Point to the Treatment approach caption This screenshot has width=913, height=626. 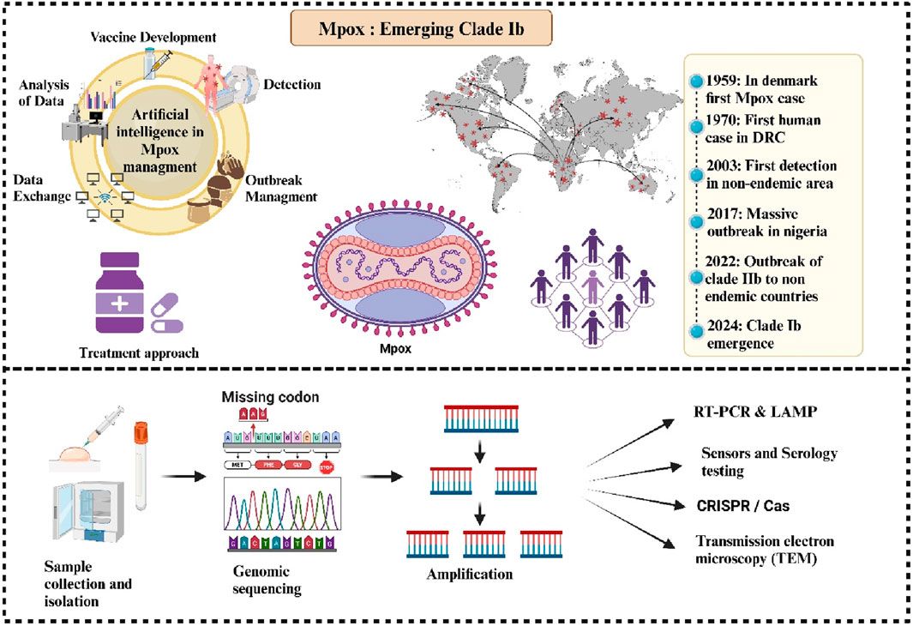click(138, 352)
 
